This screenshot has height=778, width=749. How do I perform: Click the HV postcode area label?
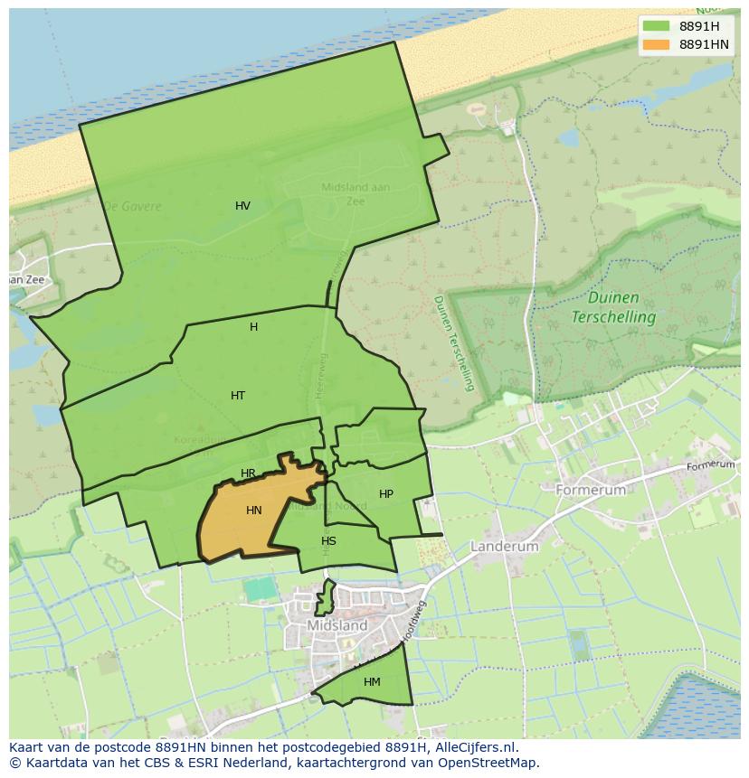pyautogui.click(x=242, y=206)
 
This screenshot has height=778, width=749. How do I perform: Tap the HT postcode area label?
pyautogui.click(x=237, y=396)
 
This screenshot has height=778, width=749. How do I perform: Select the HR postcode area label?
pyautogui.click(x=248, y=473)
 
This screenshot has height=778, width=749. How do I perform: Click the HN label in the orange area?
pyautogui.click(x=253, y=511)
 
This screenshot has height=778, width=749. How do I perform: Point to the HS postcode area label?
pyautogui.click(x=328, y=541)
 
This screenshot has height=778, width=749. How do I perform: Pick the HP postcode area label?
pyautogui.click(x=386, y=494)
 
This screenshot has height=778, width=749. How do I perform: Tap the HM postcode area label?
pyautogui.click(x=372, y=682)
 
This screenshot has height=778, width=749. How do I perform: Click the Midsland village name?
pyautogui.click(x=337, y=625)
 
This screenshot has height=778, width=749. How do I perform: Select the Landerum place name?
pyautogui.click(x=504, y=547)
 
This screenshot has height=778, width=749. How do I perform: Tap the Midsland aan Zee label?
pyautogui.click(x=356, y=194)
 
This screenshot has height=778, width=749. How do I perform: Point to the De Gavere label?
pyautogui.click(x=132, y=206)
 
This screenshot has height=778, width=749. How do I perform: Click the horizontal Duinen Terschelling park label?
pyautogui.click(x=613, y=307)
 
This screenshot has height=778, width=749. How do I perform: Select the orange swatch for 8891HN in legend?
pyautogui.click(x=657, y=44)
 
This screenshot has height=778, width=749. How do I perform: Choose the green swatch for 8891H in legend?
pyautogui.click(x=657, y=26)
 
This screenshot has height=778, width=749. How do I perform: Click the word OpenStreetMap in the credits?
pyautogui.click(x=488, y=763)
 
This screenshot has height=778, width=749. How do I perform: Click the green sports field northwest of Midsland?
pyautogui.click(x=260, y=588)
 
